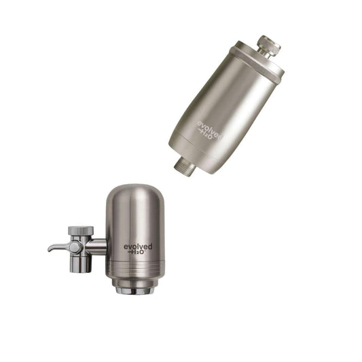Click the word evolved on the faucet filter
(138, 247)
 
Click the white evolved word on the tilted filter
(209, 130)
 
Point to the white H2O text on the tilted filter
(205, 134)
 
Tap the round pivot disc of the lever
(75, 247)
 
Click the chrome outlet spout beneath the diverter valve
(81, 264)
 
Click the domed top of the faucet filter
(135, 194)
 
